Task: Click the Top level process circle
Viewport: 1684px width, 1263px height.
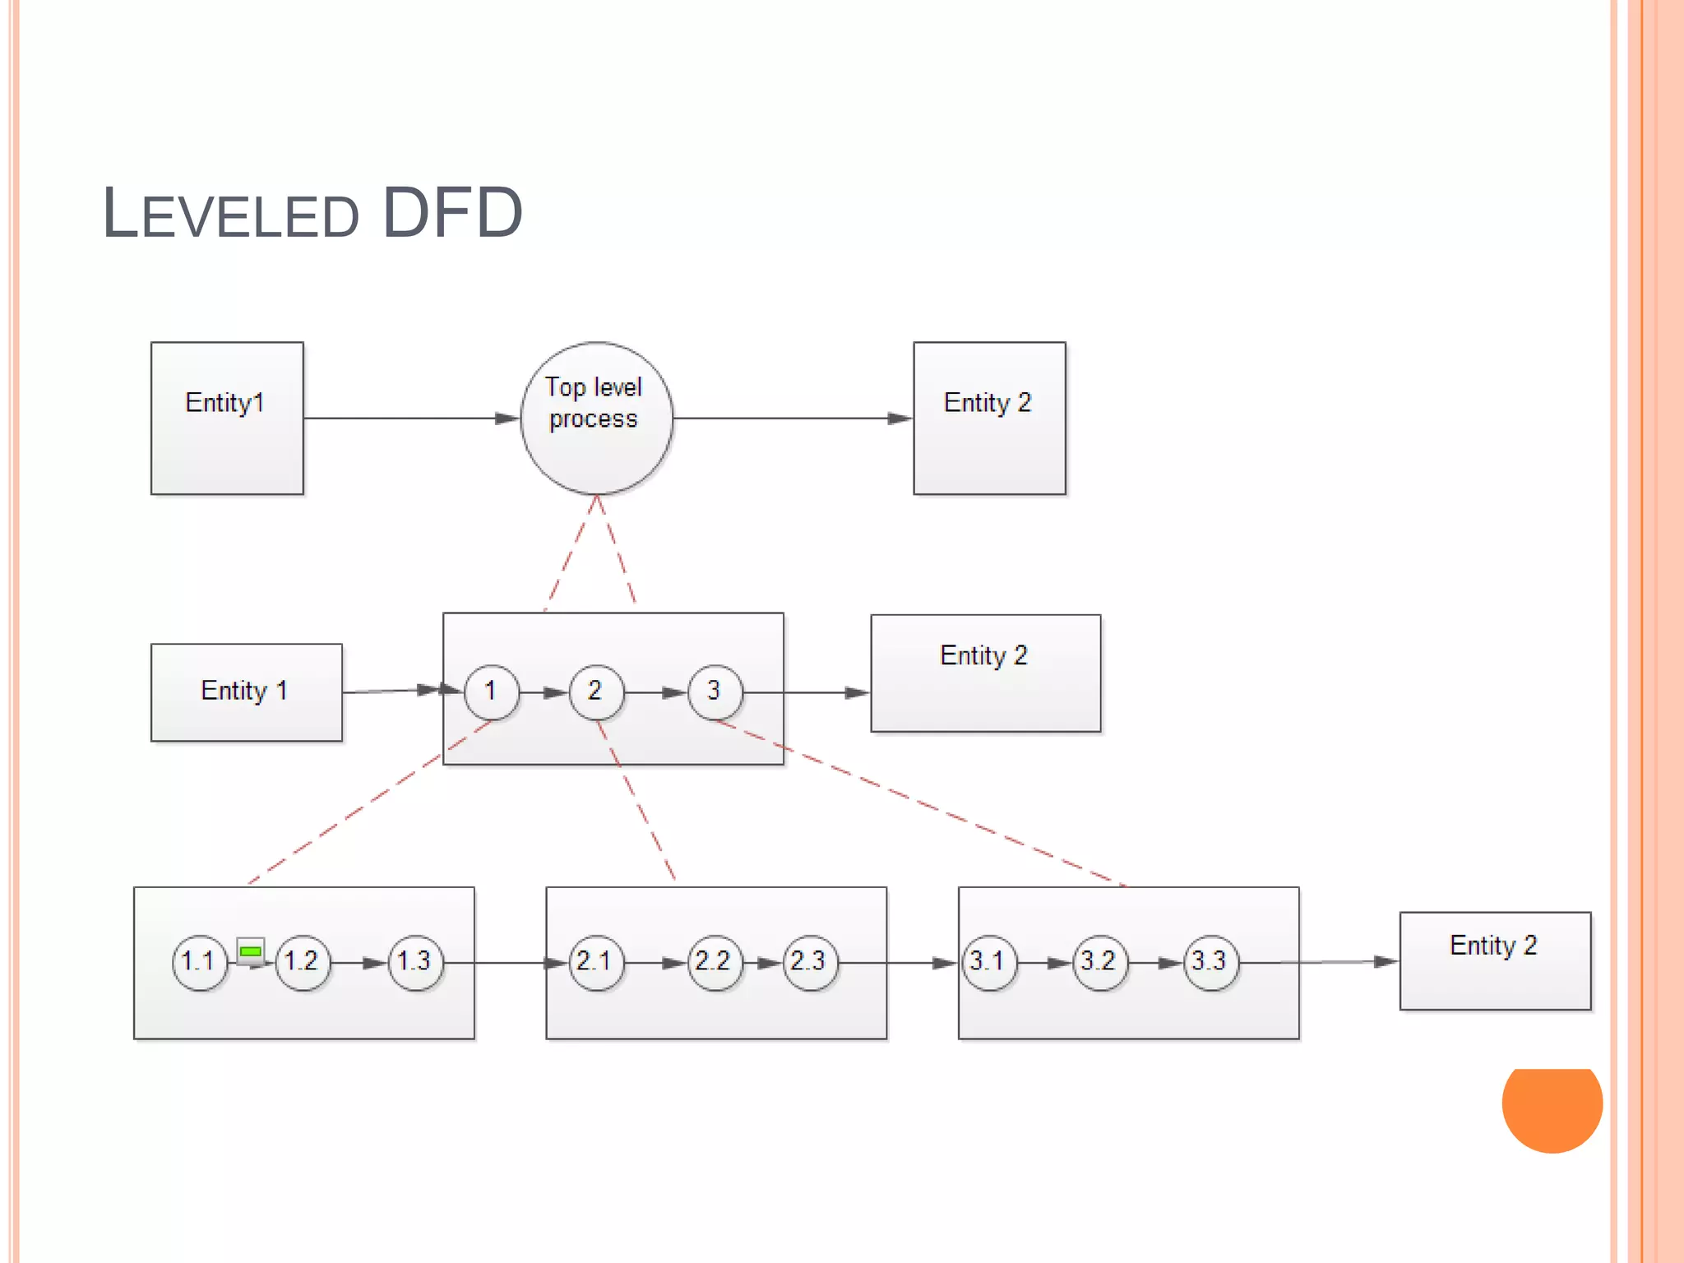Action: [596, 418]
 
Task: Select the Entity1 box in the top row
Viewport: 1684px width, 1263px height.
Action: [227, 418]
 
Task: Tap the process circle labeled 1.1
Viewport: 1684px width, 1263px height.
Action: [199, 961]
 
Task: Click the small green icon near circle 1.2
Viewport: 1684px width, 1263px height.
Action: [250, 951]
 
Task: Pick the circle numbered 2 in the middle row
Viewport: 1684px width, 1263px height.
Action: [595, 692]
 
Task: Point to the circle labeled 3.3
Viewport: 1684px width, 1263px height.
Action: [1210, 961]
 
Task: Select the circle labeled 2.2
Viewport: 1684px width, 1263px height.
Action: [713, 961]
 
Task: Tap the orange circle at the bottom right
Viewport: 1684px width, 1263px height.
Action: [1552, 1106]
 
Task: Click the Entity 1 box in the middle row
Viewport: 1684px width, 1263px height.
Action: [246, 692]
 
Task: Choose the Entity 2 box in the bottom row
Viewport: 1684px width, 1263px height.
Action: [1495, 960]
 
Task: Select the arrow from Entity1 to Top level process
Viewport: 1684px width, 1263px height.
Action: [411, 418]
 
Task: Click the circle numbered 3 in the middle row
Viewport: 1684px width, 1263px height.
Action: [715, 692]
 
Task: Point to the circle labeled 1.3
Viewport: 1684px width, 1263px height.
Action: [415, 961]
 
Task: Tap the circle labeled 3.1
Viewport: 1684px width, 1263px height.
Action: [988, 961]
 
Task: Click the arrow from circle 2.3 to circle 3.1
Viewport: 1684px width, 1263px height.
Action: [896, 962]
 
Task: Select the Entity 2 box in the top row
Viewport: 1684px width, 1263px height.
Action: [989, 418]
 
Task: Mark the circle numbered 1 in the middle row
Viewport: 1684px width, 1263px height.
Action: [491, 692]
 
